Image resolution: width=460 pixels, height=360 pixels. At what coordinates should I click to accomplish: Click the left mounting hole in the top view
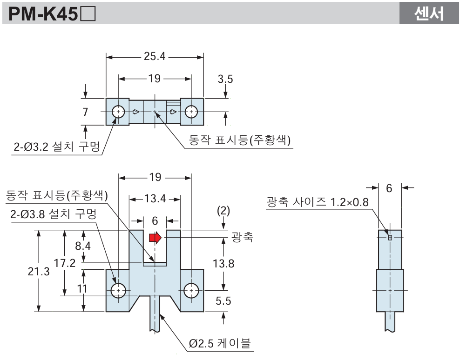[x=119, y=112]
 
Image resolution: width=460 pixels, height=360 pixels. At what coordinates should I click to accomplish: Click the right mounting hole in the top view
[x=191, y=112]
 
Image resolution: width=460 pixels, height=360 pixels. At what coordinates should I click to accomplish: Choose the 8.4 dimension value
[x=82, y=246]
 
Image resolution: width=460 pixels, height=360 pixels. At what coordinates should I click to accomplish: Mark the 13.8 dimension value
[x=223, y=263]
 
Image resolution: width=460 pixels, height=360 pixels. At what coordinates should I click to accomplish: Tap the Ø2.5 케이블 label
[x=220, y=344]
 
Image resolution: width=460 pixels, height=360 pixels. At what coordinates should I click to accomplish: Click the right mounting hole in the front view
[x=191, y=291]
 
